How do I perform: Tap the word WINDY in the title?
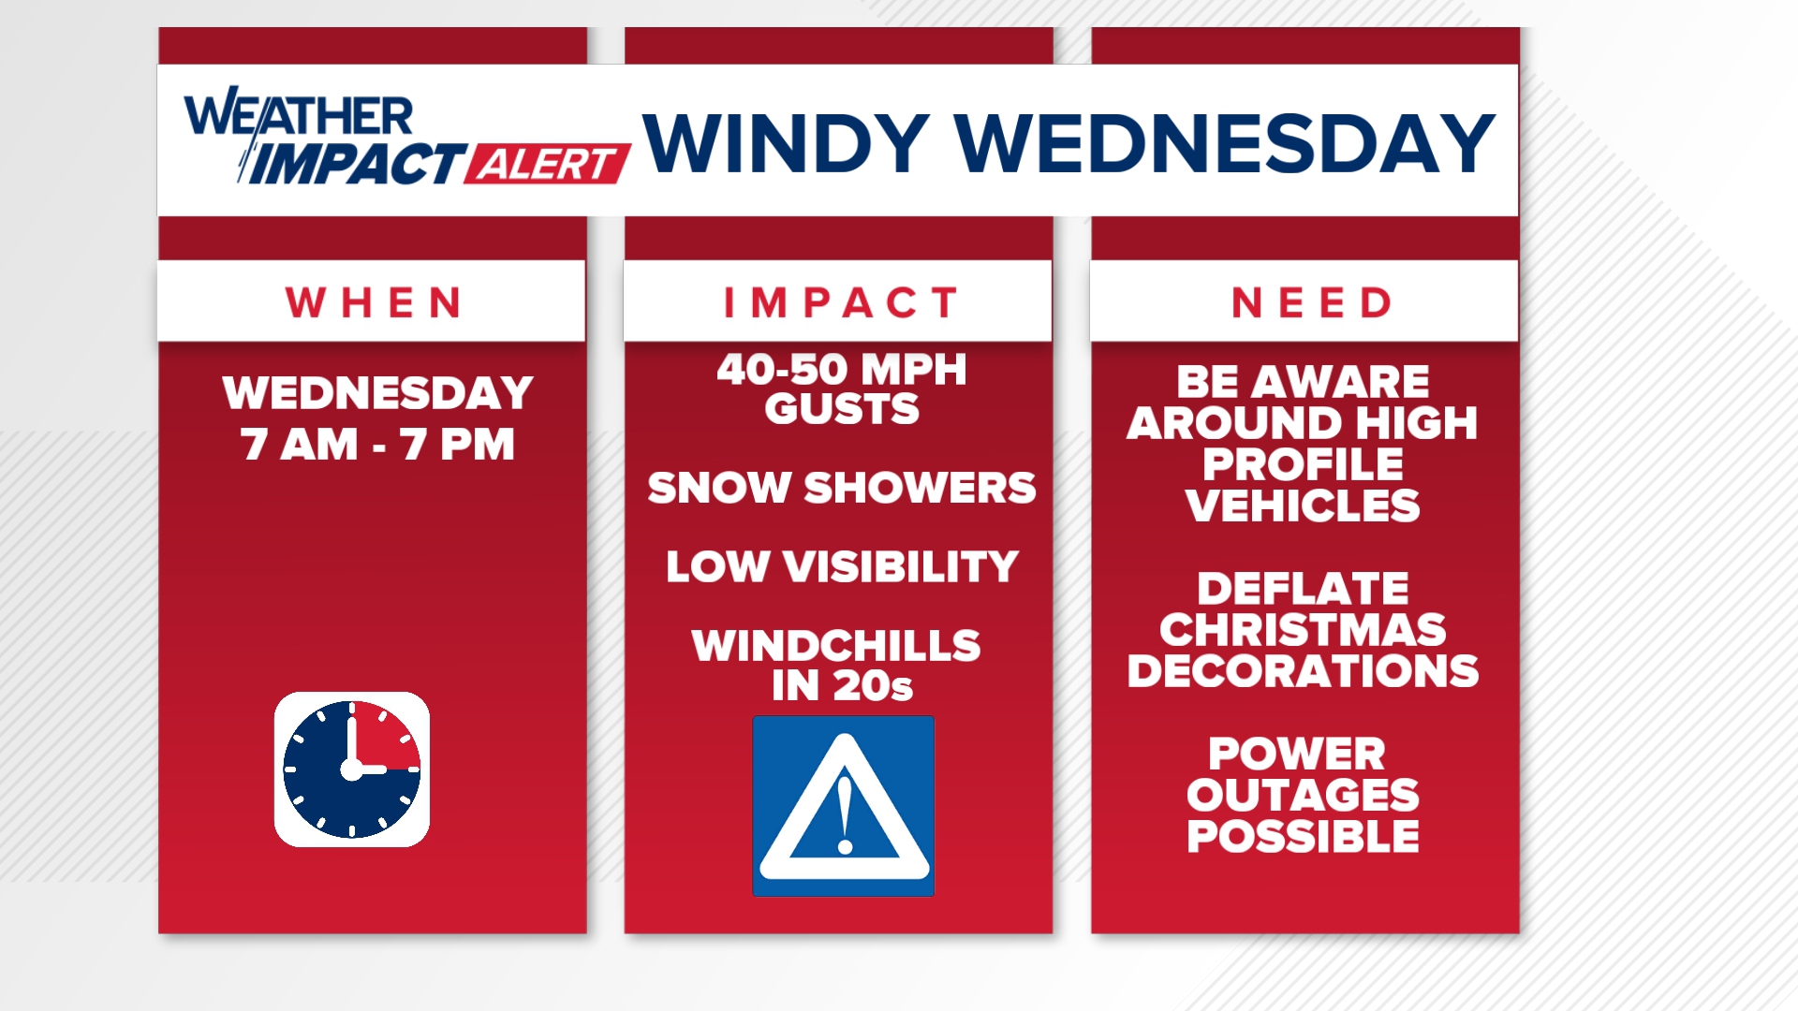point(785,144)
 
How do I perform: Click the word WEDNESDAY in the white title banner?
point(1224,144)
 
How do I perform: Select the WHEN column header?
point(373,302)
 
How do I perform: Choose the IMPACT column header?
point(840,302)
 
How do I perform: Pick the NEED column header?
point(1311,302)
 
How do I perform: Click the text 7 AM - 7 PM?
point(377,444)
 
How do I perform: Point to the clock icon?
point(352,769)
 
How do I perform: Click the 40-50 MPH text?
point(841,369)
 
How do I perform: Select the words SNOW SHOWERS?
point(841,488)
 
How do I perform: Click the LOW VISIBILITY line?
point(841,566)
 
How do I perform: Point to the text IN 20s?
point(841,686)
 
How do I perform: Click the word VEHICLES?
point(1302,506)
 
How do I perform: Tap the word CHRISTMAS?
point(1302,630)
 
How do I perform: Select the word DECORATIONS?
point(1302,671)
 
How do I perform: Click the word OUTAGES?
point(1302,795)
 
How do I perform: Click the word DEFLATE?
point(1302,589)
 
